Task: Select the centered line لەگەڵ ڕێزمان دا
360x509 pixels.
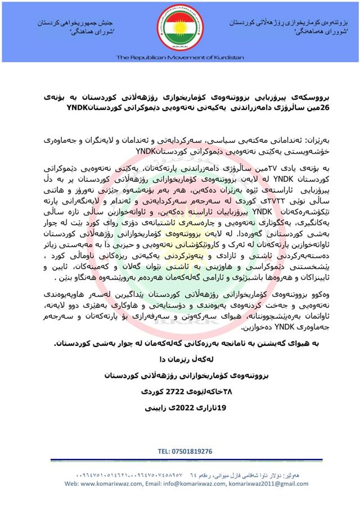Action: tap(180, 358)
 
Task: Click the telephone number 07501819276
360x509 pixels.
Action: tap(185, 451)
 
